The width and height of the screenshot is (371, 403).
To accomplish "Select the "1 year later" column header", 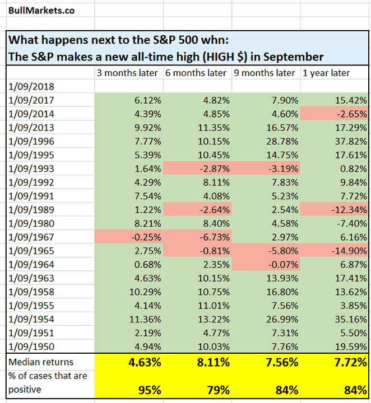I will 326,73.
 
